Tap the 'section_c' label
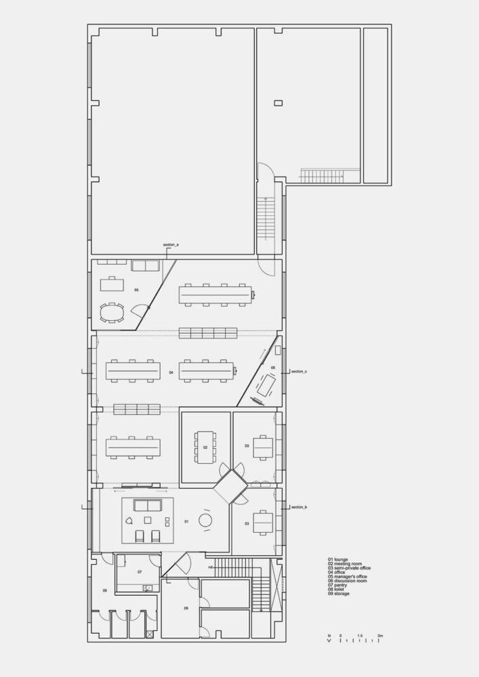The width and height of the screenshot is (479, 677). coord(299,372)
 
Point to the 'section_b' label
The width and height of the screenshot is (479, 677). coord(299,507)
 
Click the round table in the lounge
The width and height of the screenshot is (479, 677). coord(205,520)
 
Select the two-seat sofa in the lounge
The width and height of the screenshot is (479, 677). coord(147,506)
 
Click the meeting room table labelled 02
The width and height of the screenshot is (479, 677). coord(205,447)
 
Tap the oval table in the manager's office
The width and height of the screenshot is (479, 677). coord(112,311)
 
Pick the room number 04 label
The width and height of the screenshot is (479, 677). coord(171,372)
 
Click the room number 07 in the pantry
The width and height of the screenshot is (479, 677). coord(140,572)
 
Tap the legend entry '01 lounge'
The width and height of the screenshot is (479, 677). coord(338,559)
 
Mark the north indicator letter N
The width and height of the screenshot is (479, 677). coord(329,636)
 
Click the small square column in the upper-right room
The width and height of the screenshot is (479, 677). coord(278,103)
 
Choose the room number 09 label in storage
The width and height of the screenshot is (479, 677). coord(186,608)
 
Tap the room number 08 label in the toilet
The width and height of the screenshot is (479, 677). coord(104,591)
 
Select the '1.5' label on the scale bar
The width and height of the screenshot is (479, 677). coord(360,636)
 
